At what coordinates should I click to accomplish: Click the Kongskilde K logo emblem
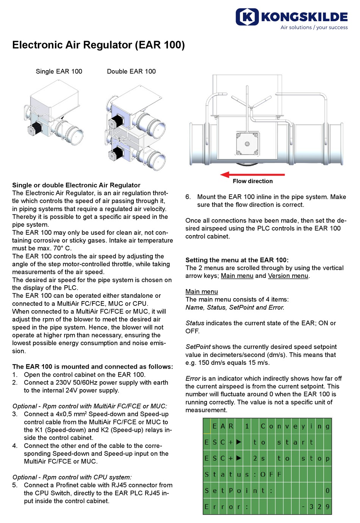(247, 17)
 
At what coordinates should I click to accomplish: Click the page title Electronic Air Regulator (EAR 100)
(98, 45)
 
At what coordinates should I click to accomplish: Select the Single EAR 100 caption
(59, 71)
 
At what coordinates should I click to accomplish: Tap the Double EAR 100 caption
(131, 71)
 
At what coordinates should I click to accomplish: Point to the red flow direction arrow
(252, 175)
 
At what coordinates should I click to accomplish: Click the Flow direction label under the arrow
(252, 181)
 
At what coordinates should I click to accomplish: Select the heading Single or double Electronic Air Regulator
(76, 185)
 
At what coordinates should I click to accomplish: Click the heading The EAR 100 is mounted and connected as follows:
(92, 367)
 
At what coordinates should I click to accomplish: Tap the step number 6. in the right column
(188, 197)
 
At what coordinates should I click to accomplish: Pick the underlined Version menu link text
(288, 276)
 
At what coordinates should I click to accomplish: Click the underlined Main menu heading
(202, 292)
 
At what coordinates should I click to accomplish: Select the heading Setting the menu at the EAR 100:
(237, 260)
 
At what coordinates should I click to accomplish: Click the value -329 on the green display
(315, 507)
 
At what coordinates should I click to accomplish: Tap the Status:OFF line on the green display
(243, 474)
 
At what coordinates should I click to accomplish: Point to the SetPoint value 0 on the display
(327, 491)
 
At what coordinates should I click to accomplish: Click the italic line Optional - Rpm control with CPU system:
(72, 477)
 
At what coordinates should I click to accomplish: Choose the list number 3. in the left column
(15, 414)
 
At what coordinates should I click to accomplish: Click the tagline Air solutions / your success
(314, 27)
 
